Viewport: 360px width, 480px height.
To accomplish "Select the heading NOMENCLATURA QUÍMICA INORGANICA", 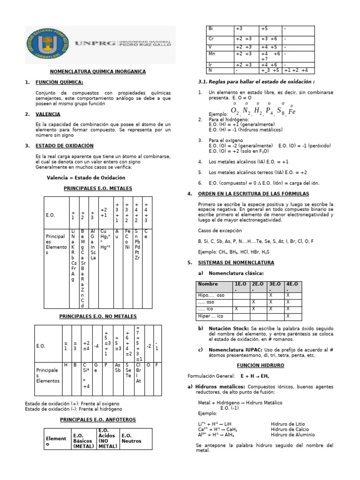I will point(98,71).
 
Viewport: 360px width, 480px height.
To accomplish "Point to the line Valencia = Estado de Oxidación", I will point(86,178).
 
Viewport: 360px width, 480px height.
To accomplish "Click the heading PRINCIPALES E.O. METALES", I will point(98,188).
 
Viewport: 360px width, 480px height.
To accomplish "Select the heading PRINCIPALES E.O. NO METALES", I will point(98,317).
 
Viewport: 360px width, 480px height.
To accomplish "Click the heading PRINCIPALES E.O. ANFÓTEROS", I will point(98,419).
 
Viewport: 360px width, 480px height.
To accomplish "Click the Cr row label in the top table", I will point(211,39).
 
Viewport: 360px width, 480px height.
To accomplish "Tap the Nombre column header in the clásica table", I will point(208,284).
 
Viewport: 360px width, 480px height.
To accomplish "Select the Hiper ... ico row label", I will point(211,316).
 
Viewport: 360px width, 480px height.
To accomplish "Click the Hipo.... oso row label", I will point(212,296).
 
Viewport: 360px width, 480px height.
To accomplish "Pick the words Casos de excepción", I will point(220,231).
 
